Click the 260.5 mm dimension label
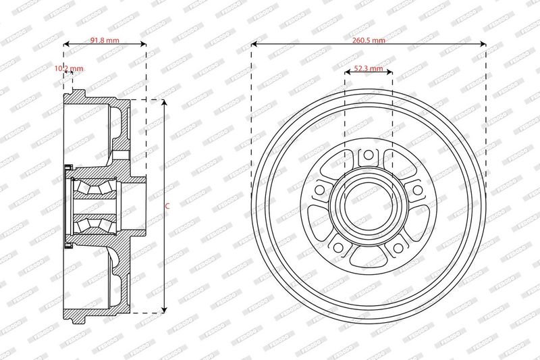(x=369, y=41)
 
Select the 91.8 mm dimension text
(x=105, y=41)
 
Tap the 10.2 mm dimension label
(x=69, y=68)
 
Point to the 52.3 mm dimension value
(x=369, y=68)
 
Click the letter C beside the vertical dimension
(x=167, y=207)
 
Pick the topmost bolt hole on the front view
(x=369, y=155)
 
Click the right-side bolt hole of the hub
(x=417, y=190)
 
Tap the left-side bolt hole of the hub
(x=319, y=190)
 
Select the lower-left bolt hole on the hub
(x=338, y=247)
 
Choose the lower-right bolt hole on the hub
(x=398, y=247)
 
